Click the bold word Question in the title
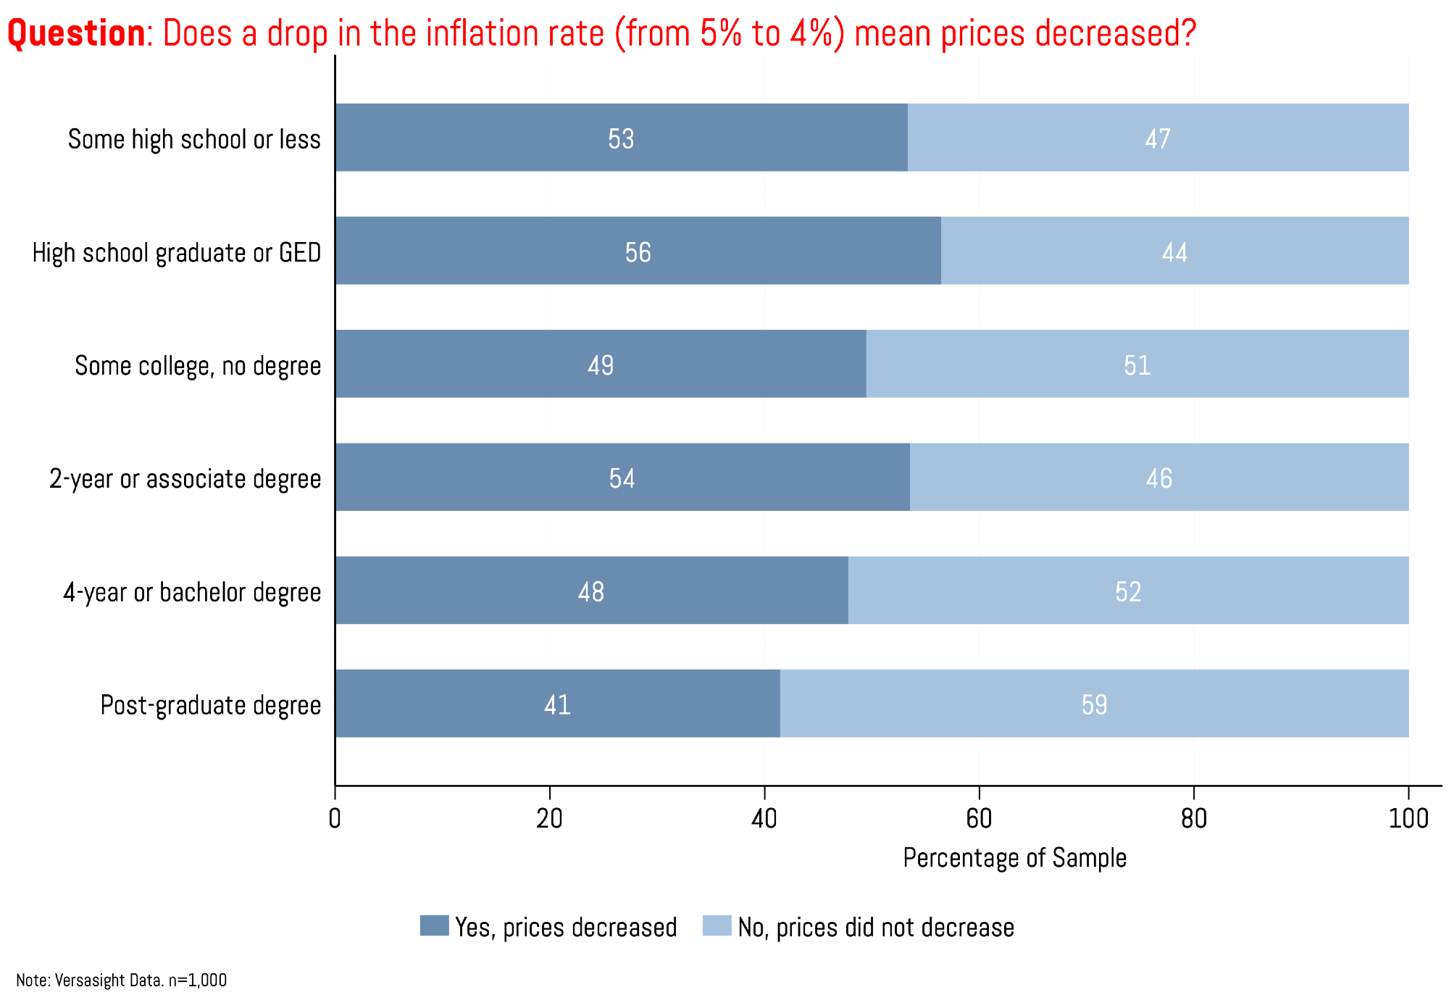[76, 33]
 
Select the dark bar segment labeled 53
[507, 138]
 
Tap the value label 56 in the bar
[638, 252]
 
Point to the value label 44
[1174, 252]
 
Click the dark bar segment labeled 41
[435, 704]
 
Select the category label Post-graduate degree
[211, 705]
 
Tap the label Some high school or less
[194, 139]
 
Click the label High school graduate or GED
[177, 253]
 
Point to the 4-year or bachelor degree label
[192, 592]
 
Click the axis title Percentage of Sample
[1014, 858]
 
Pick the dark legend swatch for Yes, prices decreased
[434, 925]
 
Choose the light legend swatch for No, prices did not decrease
[717, 925]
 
